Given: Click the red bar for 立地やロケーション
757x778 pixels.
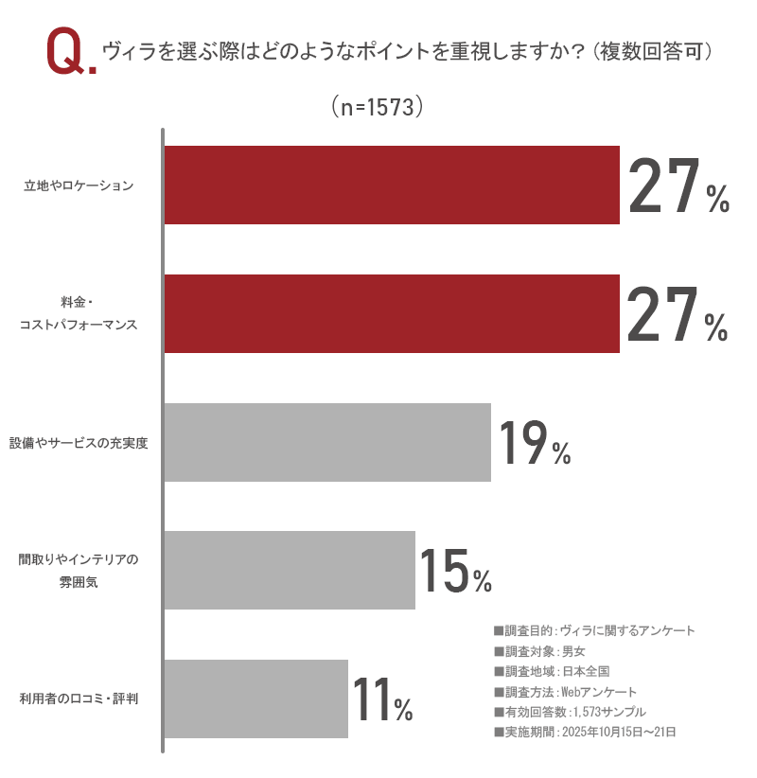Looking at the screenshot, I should click(x=392, y=185).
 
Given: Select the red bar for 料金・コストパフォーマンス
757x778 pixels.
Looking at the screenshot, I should click(x=392, y=313).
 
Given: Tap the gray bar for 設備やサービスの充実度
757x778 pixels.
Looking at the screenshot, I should click(x=327, y=442).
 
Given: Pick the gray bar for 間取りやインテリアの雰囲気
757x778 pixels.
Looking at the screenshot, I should click(x=290, y=570).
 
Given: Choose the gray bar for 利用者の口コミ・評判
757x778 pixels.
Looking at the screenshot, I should click(x=255, y=698).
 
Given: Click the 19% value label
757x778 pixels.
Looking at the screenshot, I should click(x=534, y=443).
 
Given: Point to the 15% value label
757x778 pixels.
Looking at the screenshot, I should click(x=455, y=571).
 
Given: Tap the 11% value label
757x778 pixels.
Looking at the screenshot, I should click(x=382, y=699).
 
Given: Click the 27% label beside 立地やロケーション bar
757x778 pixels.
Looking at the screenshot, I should click(x=678, y=186).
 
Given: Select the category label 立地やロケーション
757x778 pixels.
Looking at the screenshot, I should click(x=79, y=186).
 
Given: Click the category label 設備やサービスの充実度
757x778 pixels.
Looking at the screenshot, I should click(x=79, y=443).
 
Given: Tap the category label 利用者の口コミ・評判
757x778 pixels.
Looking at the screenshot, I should click(x=79, y=699).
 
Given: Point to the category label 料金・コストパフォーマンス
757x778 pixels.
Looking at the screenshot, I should click(x=79, y=314).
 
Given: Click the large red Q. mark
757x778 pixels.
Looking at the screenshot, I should click(x=70, y=55).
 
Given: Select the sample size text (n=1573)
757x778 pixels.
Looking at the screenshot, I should click(x=378, y=107).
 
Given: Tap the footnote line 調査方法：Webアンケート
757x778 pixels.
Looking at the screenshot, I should click(x=565, y=691).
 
